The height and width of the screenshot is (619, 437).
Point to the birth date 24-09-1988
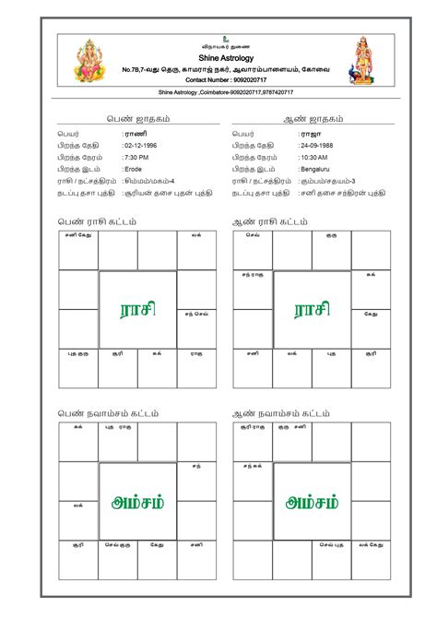[320, 146]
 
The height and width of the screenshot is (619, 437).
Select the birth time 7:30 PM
[137, 158]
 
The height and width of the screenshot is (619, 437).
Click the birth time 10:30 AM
[315, 158]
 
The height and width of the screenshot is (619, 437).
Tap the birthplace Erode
[134, 170]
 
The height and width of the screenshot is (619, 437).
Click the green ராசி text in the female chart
[136, 309]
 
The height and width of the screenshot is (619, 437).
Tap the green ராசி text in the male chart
[312, 309]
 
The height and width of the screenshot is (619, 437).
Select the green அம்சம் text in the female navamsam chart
[136, 502]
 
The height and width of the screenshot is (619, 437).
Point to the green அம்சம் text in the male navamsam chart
[312, 502]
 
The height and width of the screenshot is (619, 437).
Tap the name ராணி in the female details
[135, 134]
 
